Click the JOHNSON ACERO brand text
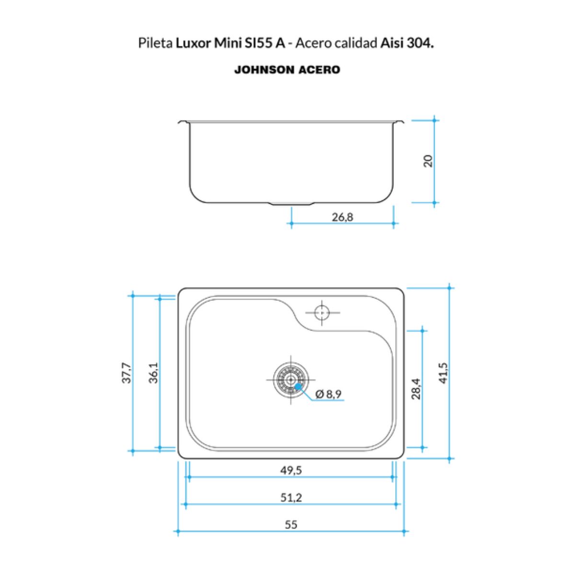[287, 70]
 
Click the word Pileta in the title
[155, 44]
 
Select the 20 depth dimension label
[428, 161]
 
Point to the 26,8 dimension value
[343, 218]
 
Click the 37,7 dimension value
[126, 373]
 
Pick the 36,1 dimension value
[153, 373]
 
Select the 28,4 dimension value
[416, 389]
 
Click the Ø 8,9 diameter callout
[328, 394]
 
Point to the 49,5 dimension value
[291, 470]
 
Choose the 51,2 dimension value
[291, 497]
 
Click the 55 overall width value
[291, 525]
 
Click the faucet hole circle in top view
[322, 312]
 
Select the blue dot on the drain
[298, 387]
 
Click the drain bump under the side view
[291, 205]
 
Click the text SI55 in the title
[258, 44]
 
